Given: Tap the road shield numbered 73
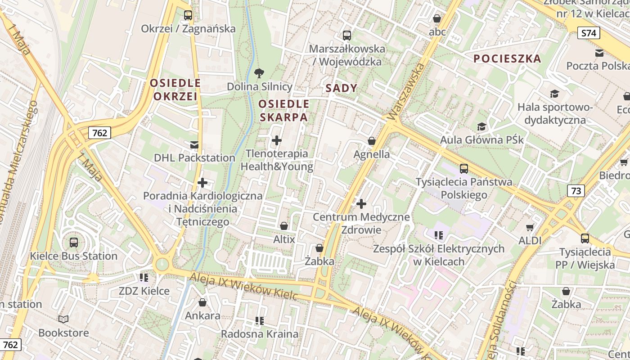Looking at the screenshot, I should tap(576, 191).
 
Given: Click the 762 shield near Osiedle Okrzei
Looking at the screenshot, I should tap(99, 133).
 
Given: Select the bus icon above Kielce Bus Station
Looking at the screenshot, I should tap(74, 243).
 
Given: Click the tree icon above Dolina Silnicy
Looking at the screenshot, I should tap(259, 73).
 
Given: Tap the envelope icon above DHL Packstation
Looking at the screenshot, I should tap(194, 145).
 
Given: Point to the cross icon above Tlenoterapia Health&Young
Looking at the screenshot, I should tap(277, 141).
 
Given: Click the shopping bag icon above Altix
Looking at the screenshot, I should tap(284, 226).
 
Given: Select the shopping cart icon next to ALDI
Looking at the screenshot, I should tap(530, 228).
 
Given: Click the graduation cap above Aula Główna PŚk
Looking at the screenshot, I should tap(482, 127).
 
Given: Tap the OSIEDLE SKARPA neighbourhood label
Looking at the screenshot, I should tap(283, 111).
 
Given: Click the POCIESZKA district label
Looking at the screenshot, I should tap(507, 58).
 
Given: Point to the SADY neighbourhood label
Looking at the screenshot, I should tap(341, 88).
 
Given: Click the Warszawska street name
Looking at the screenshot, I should tap(406, 93).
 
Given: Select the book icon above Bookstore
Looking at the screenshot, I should tap(63, 319).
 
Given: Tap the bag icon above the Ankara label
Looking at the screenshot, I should tap(202, 302).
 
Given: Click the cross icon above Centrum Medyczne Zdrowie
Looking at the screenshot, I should tap(361, 204).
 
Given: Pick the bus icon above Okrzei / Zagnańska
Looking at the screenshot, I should tap(188, 15).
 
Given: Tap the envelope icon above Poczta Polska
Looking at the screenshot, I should tap(599, 53).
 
